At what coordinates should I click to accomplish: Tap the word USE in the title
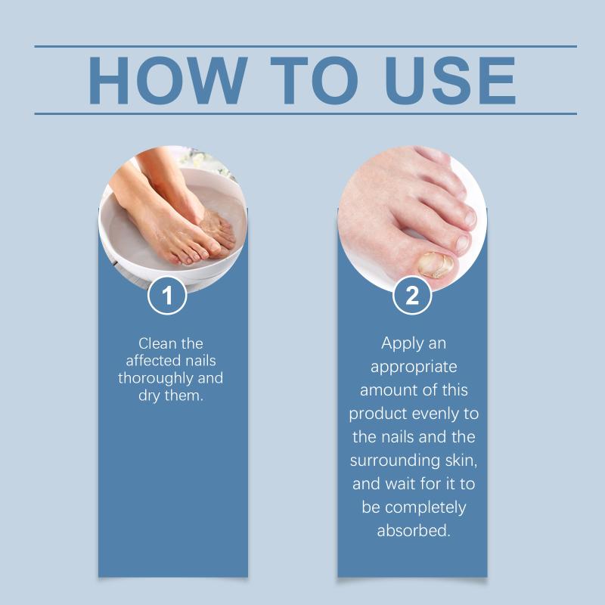450,80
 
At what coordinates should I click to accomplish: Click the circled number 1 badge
167,295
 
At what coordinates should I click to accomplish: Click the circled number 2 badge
412,295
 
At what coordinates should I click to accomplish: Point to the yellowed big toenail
436,264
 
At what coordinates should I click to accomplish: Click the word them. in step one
184,396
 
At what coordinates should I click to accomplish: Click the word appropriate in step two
414,368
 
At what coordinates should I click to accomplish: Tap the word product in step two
379,414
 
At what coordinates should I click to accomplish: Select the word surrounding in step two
395,461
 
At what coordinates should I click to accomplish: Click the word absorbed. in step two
414,531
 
